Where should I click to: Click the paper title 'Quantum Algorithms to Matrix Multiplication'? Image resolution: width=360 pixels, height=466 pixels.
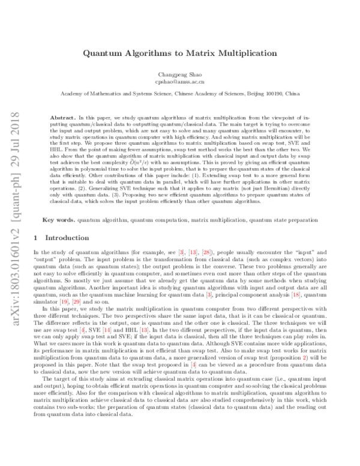179,53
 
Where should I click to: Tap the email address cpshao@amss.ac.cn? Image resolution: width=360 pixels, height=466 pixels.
179,80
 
